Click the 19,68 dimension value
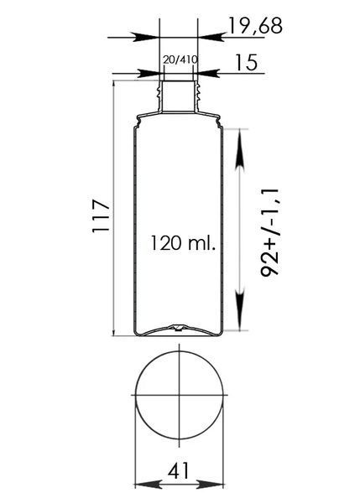tap(255, 26)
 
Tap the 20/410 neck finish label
tap(180, 60)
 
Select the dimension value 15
tap(247, 62)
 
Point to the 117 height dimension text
tap(102, 216)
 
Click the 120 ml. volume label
tap(182, 243)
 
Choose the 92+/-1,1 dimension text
tap(269, 232)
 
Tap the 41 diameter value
tap(179, 471)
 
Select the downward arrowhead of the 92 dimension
tap(240, 309)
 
